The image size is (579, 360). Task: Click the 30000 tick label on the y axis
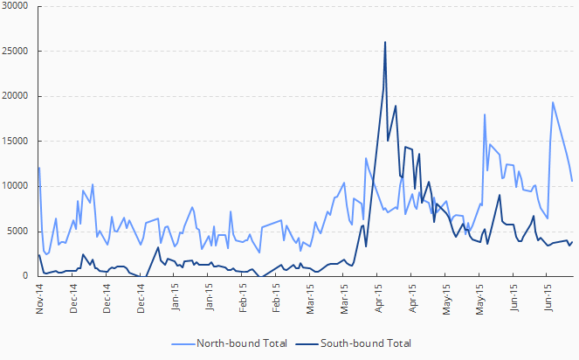16,6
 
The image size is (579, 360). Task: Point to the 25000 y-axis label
16,51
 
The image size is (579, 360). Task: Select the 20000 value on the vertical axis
16,96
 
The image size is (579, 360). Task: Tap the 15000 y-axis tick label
16,141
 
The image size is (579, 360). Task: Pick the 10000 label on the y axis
16,186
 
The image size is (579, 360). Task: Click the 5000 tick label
18,231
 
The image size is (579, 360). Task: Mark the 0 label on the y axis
26,276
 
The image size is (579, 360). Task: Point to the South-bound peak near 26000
385,42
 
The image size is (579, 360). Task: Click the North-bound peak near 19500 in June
552,102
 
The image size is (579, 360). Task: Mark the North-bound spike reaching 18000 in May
485,114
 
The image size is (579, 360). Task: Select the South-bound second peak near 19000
396,106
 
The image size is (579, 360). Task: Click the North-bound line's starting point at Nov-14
39,167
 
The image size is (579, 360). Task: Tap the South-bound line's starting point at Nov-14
39,254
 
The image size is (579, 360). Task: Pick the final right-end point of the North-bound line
572,181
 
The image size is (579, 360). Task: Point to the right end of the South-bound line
572,242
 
